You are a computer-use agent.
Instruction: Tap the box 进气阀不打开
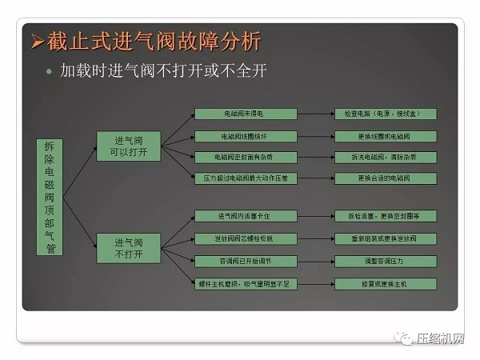(128, 248)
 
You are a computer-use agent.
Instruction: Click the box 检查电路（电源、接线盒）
(386, 114)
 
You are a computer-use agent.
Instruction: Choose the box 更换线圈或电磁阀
(386, 136)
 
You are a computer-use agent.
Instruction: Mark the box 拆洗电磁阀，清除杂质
(386, 157)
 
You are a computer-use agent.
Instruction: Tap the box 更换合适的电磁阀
(386, 178)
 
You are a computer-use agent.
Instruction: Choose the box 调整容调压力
(386, 261)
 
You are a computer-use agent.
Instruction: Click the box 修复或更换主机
(386, 283)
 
